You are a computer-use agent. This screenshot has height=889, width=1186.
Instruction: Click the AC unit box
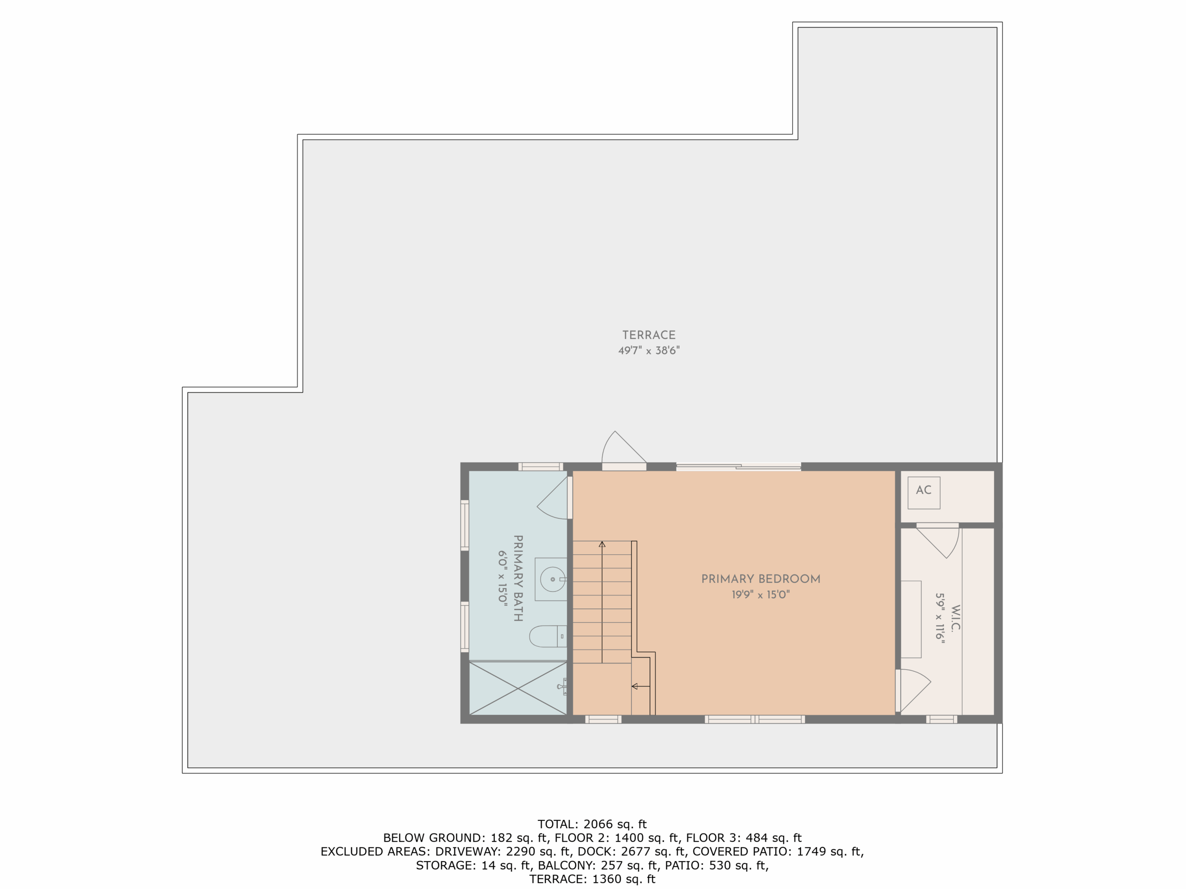click(x=923, y=493)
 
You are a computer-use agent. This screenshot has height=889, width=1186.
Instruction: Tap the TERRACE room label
click(x=649, y=335)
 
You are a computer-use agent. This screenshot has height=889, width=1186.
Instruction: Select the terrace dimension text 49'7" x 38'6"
click(x=649, y=351)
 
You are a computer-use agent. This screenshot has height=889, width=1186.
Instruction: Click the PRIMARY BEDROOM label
click(x=760, y=579)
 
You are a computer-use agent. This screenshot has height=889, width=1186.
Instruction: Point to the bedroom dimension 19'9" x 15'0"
click(x=760, y=594)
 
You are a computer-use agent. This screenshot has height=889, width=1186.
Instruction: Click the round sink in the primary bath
click(x=552, y=579)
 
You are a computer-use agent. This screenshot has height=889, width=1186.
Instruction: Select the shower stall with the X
click(x=518, y=688)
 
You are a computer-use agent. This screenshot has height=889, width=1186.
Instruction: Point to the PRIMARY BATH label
click(x=518, y=578)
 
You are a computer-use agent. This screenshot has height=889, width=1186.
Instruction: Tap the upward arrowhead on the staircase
click(x=602, y=545)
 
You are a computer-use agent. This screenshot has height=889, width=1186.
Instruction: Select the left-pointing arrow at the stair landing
click(x=641, y=686)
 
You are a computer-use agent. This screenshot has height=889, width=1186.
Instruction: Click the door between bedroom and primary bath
click(x=553, y=498)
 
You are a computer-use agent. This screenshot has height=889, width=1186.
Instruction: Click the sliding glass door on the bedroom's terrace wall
click(x=738, y=467)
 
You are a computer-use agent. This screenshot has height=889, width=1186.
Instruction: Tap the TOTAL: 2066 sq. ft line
click(x=592, y=824)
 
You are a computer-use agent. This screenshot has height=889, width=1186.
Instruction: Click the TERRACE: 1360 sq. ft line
click(x=592, y=879)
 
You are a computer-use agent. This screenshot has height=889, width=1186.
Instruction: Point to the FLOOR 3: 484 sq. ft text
click(x=744, y=838)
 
